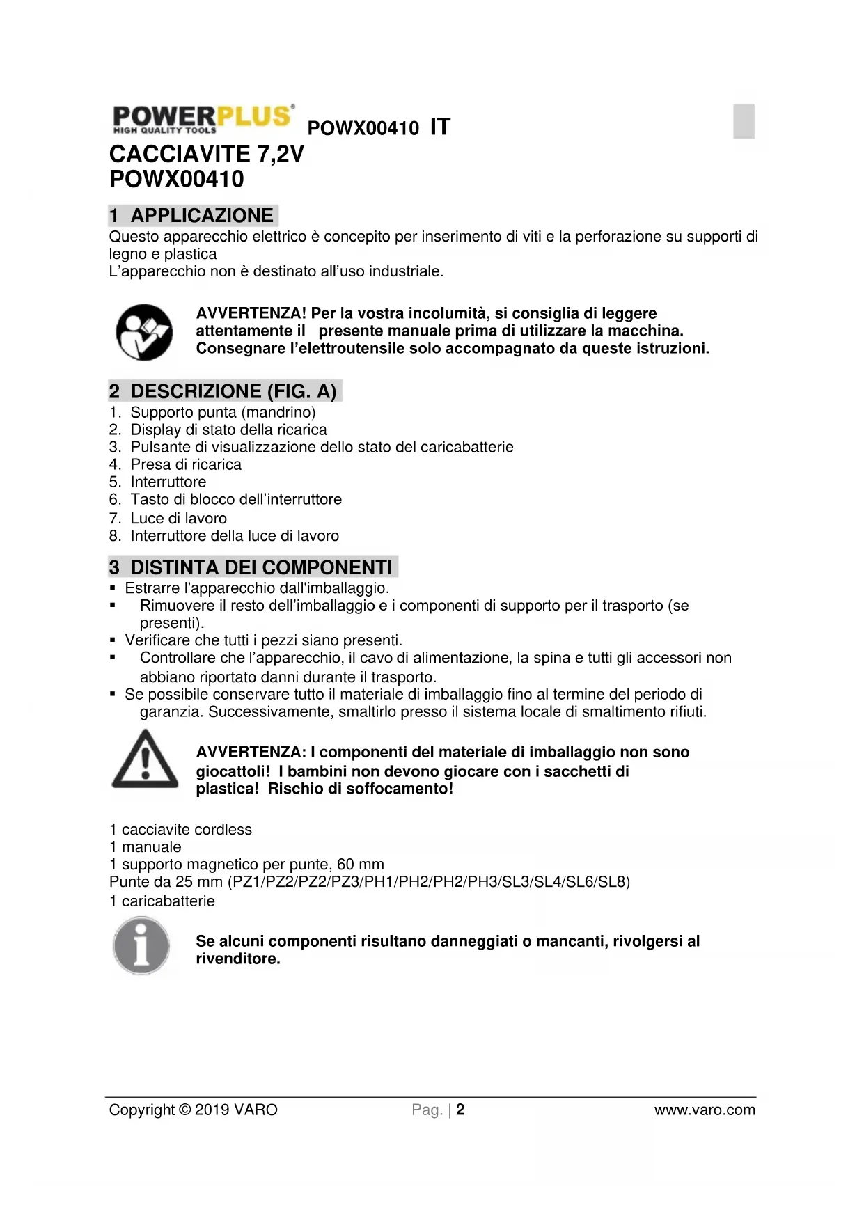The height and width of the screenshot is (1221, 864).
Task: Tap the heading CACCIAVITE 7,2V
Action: coord(207,153)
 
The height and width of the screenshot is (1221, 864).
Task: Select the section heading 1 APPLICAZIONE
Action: coord(193,215)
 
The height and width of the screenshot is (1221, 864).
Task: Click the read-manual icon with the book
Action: coord(144,332)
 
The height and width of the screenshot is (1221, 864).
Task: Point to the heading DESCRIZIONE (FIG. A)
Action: coord(225,391)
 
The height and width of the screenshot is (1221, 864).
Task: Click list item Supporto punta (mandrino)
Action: coord(223,412)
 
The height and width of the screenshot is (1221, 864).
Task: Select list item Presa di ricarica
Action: coord(186,464)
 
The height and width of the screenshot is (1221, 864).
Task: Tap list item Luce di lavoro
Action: coord(178,518)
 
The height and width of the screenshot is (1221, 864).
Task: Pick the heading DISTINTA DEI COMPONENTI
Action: coord(253,567)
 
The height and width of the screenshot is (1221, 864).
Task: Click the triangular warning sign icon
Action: coord(145,759)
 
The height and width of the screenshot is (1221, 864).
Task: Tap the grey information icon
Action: coord(141,946)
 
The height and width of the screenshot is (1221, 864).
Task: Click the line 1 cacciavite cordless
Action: coord(180,830)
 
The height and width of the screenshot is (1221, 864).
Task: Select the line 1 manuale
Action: coord(145,847)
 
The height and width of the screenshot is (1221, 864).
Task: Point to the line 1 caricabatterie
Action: coord(162,901)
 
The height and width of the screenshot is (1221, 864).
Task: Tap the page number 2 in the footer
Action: coord(460,1110)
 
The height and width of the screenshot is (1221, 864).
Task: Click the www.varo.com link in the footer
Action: coord(704,1110)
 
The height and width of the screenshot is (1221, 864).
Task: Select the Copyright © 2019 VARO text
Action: coord(193,1110)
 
